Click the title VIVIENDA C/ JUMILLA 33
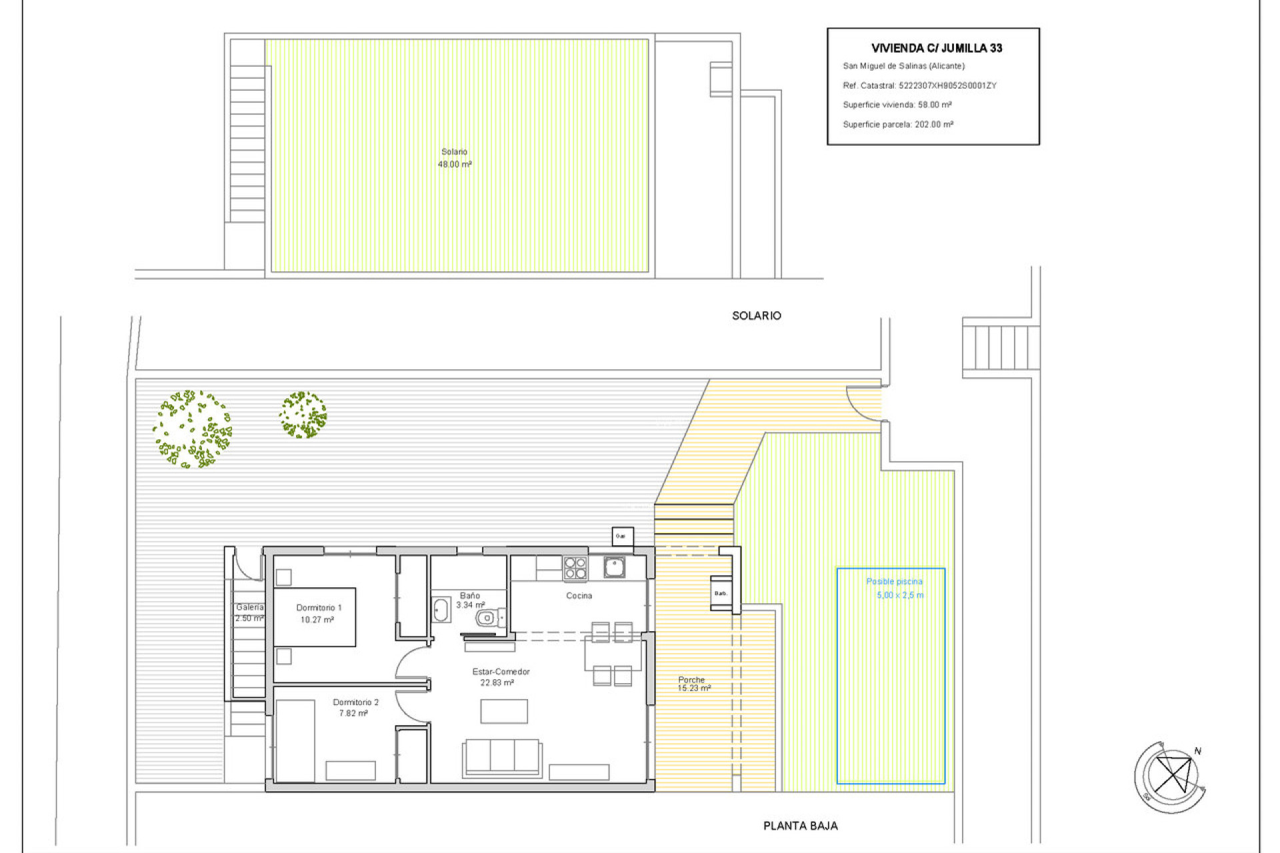[x=936, y=48]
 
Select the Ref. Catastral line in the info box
[x=919, y=85]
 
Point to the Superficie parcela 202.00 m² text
[x=897, y=125]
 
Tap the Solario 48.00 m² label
[x=455, y=158]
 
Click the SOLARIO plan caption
[x=756, y=316]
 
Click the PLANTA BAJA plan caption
[x=800, y=826]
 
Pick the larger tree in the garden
[x=193, y=429]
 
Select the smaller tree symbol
[x=303, y=415]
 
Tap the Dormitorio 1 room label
[x=318, y=613]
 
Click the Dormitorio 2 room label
[x=355, y=708]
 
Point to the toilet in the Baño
[x=489, y=618]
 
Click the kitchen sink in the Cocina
[x=614, y=567]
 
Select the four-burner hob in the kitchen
[x=575, y=568]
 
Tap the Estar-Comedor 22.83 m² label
[x=500, y=677]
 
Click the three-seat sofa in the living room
[x=502, y=757]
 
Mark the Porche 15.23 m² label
[x=693, y=684]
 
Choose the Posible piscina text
[x=894, y=582]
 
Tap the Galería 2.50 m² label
[x=249, y=612]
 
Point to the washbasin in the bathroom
[x=441, y=609]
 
